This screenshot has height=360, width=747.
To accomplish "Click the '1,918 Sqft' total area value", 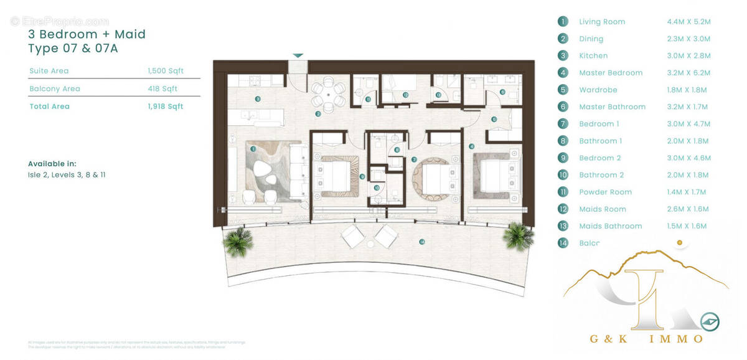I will pos(166,107).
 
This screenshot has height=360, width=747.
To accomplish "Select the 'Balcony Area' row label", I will pos(55,89).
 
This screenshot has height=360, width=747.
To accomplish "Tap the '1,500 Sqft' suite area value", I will pos(166,71).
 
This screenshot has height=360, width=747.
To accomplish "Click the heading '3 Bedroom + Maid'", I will pos(87,34).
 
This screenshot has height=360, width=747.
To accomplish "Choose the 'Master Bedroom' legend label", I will pos(610,73).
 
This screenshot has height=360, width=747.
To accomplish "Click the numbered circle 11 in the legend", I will pos(563,192).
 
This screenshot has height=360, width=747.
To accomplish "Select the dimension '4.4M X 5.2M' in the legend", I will pos(688,22).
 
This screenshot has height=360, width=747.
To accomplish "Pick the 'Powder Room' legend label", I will pos(605,192).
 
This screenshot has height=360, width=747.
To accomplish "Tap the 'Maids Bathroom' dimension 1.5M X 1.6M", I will pos(688,226).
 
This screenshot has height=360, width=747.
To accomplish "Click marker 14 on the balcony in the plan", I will pos(422,242).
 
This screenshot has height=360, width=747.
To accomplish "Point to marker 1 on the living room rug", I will pos(253,149).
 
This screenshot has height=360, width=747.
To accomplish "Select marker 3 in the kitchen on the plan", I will pos(257,99).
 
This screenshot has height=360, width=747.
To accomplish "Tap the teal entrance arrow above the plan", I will pos(298,55).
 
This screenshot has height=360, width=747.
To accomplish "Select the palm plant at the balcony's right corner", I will pos(519,237).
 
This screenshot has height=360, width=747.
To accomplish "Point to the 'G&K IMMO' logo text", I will pos(646,338).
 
